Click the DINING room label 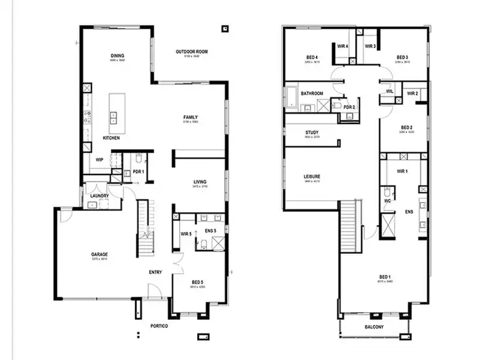[117, 55]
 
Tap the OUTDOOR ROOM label [192, 52]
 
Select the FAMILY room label [190, 117]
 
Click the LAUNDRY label [99, 196]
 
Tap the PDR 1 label [138, 172]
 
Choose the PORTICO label [159, 326]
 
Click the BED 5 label [198, 281]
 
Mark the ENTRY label [155, 272]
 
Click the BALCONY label [374, 327]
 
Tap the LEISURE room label [312, 176]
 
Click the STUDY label [312, 132]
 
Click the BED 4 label [312, 58]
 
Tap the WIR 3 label [370, 46]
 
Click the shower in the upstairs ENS [388, 226]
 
